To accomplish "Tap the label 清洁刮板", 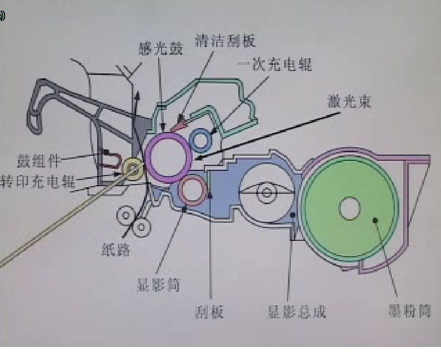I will [x=225, y=40].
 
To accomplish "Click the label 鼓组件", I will [x=39, y=160].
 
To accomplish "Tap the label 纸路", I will [x=116, y=249].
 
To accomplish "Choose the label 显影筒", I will [x=158, y=284].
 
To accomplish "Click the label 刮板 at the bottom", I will [x=209, y=311].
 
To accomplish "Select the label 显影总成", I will [x=296, y=311].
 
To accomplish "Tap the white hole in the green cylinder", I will [x=350, y=208].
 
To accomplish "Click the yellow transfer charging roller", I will [x=133, y=168].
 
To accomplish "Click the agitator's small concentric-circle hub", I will [x=266, y=193].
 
